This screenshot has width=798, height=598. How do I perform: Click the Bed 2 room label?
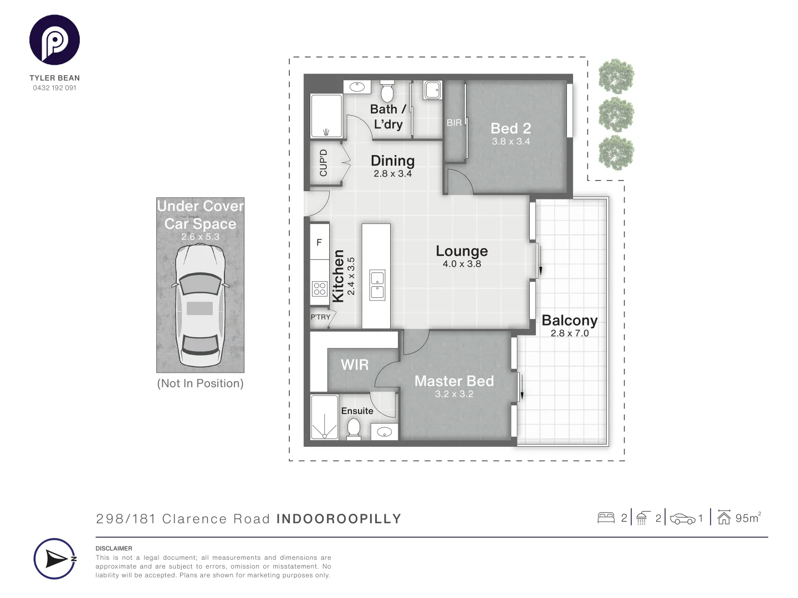coord(510,128)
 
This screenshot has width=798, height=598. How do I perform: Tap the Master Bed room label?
coord(454,381)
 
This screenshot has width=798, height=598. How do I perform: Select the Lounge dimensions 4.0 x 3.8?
coord(462,264)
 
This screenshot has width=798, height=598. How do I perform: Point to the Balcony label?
coord(569,321)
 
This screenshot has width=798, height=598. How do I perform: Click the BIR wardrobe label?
coord(454,123)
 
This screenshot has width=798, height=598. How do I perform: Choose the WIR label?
coord(355,365)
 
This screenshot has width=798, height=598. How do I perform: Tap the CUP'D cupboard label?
coord(324,163)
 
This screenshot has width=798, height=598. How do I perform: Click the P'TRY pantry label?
coord(320,317)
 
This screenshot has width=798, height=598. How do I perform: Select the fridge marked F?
coord(319,242)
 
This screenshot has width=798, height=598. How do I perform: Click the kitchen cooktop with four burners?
coord(320,288)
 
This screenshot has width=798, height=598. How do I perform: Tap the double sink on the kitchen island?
coord(378,285)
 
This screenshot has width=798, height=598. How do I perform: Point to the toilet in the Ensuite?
coord(354,428)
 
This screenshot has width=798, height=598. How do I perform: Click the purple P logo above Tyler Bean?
coord(54,40)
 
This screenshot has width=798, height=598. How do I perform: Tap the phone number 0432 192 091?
coord(54,88)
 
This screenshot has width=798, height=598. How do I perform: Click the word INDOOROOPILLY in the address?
coord(339,519)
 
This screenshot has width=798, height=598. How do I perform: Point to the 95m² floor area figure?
coord(747,518)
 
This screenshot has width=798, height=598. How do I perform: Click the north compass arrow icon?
coord(55,559)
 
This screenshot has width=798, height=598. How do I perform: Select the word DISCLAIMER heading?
coord(114,548)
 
